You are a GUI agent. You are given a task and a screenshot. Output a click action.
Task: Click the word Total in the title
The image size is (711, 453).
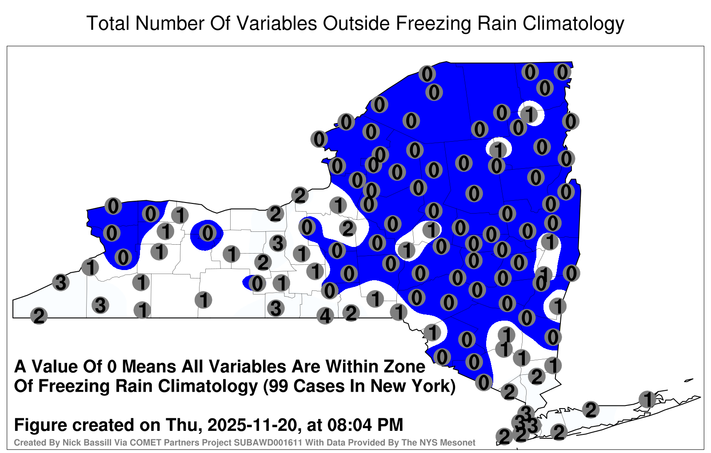[x=108, y=23]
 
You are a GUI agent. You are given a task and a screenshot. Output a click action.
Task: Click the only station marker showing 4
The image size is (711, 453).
[x=325, y=316]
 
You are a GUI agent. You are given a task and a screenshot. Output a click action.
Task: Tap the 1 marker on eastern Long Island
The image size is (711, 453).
[x=647, y=399]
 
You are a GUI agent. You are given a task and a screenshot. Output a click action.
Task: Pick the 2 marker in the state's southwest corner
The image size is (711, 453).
[x=39, y=316]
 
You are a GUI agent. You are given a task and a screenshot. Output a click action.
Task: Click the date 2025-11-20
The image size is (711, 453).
[x=254, y=425]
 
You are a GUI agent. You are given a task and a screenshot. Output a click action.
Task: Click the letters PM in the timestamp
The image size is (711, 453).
[x=390, y=425]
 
